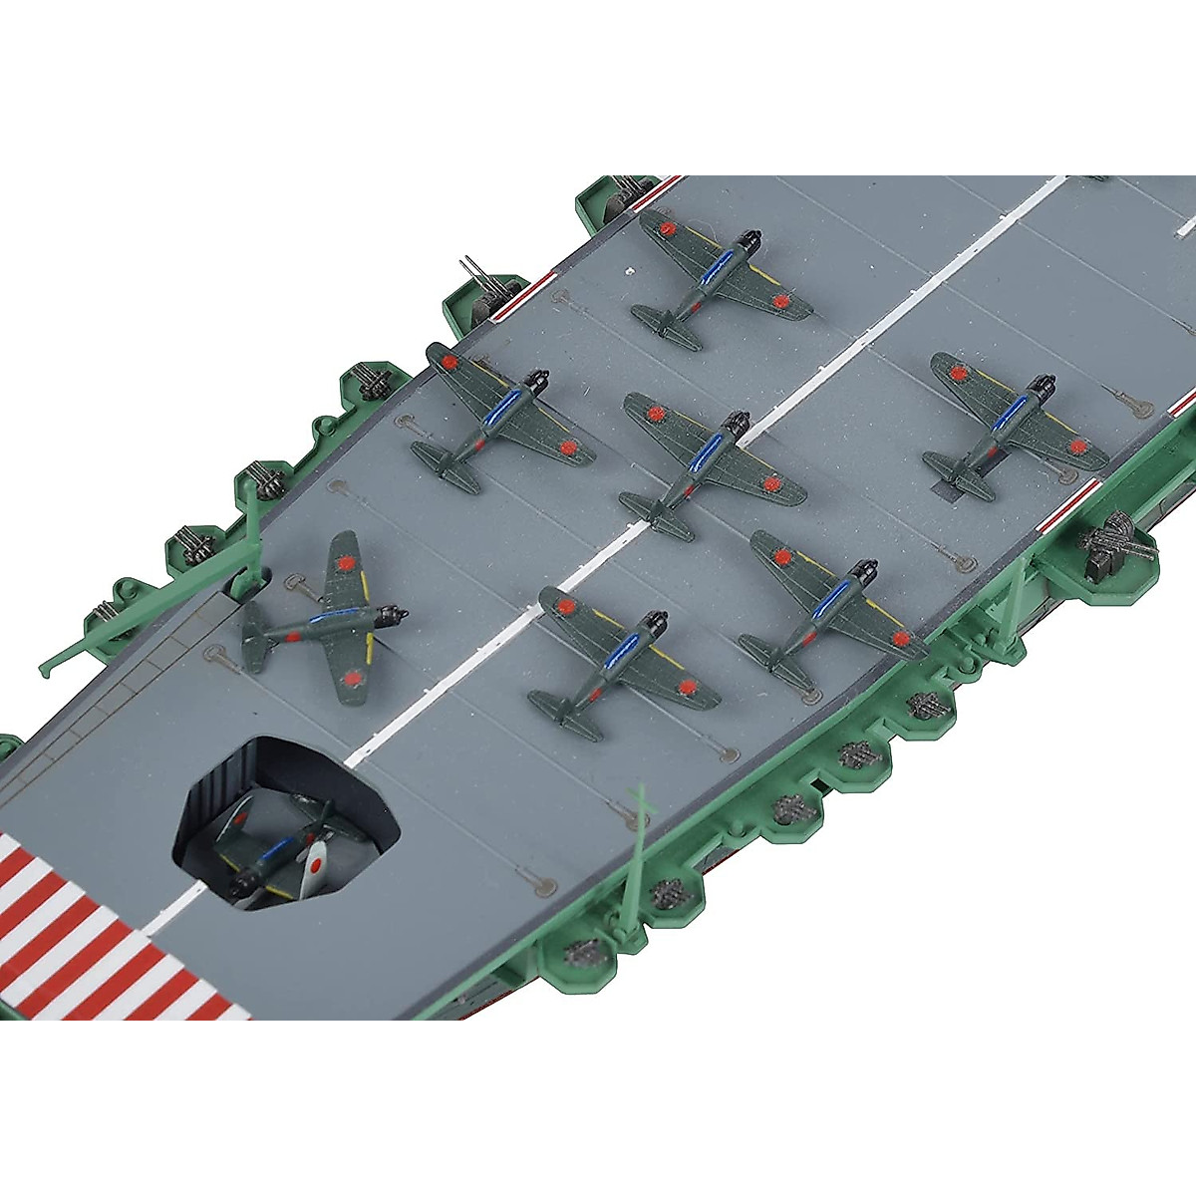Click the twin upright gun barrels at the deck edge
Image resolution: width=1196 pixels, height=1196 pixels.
point(470,272)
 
